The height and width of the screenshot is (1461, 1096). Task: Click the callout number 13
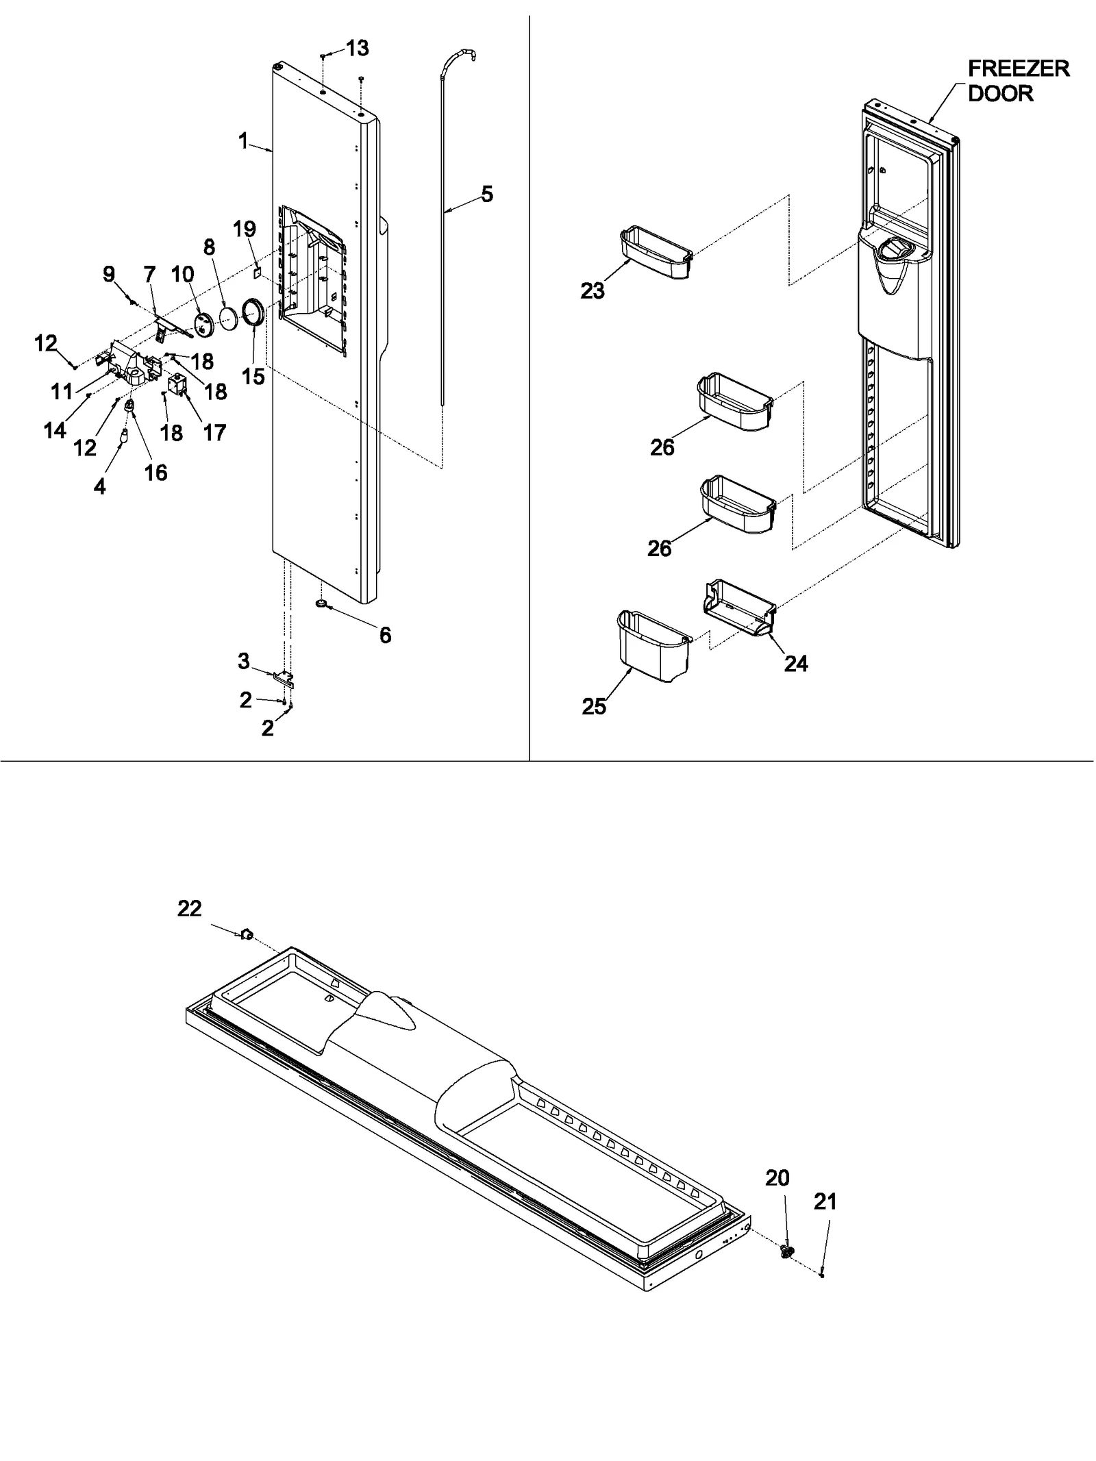[357, 49]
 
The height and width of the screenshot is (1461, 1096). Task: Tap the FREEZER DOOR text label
[1018, 80]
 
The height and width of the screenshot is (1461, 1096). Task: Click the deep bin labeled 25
[652, 646]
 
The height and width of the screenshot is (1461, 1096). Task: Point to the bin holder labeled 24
[740, 608]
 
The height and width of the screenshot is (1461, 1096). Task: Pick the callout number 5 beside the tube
[486, 195]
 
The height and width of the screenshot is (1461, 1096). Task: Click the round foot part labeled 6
[322, 603]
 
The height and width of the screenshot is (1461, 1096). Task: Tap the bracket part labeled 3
[283, 677]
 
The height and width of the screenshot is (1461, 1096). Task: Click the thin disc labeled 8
[227, 320]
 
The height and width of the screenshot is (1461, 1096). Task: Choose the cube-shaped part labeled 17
[177, 385]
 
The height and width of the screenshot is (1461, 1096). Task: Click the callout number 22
[190, 909]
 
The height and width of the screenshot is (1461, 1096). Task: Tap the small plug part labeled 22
[247, 934]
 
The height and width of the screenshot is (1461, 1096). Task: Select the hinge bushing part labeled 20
[787, 1251]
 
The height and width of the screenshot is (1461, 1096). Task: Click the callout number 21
[825, 1202]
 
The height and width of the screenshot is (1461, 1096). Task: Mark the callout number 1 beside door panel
[243, 142]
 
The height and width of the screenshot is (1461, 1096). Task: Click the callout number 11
[62, 392]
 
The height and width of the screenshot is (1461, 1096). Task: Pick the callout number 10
[182, 275]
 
